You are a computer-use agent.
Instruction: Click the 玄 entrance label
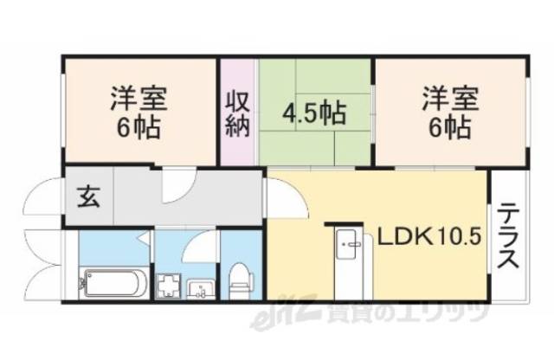point(89,196)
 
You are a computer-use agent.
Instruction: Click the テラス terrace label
point(507,235)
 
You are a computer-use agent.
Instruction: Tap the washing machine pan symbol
point(167,285)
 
